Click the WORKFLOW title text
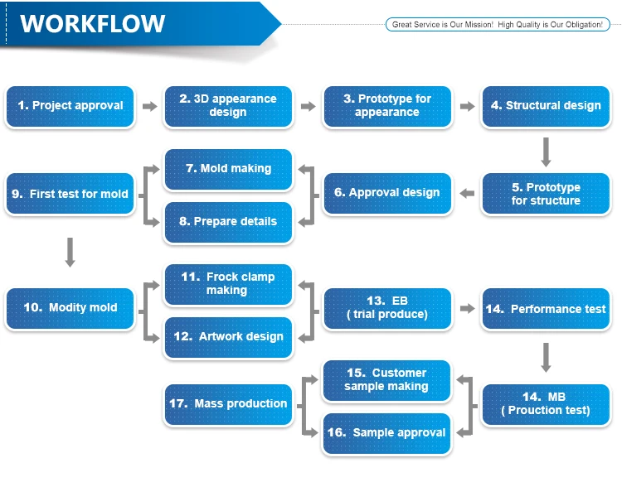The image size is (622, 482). click(x=92, y=24)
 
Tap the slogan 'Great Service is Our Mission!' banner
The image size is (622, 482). click(x=498, y=25)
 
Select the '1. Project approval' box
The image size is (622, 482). click(x=70, y=106)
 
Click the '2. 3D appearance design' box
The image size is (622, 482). click(x=228, y=106)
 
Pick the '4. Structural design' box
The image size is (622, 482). click(x=546, y=106)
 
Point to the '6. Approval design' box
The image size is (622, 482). click(x=387, y=193)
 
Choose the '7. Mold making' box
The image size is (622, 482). click(x=228, y=169)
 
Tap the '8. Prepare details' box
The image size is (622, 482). click(x=228, y=222)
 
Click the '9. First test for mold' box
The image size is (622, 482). click(x=70, y=193)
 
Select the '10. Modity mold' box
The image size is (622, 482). click(x=70, y=309)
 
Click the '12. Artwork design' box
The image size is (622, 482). click(x=228, y=337)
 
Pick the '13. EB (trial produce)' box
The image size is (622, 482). click(x=387, y=309)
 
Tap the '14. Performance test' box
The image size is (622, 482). click(x=546, y=309)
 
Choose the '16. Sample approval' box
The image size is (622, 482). click(x=386, y=433)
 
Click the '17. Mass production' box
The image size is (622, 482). click(x=228, y=404)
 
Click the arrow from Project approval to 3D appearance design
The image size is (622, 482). click(x=150, y=106)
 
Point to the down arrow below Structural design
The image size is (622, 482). click(x=546, y=152)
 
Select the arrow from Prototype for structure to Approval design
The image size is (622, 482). click(x=467, y=193)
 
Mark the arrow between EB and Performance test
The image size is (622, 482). click(x=467, y=309)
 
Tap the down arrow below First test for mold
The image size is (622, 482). click(x=70, y=253)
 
